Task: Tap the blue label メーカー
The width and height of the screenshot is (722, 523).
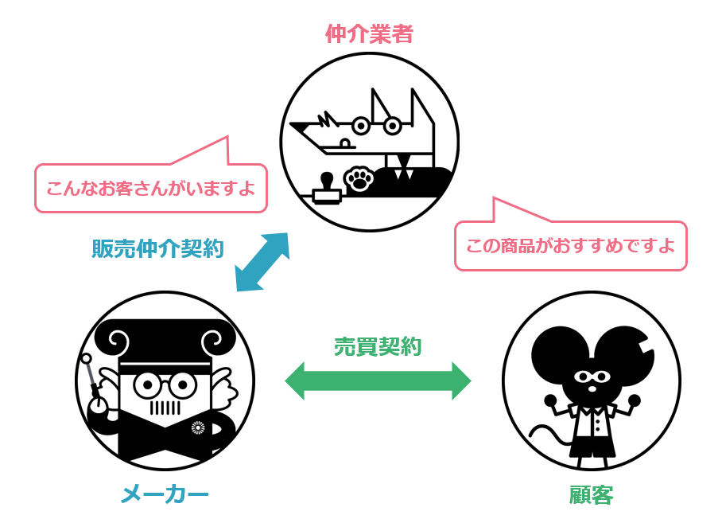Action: (165, 494)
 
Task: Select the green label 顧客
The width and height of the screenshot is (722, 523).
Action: (591, 495)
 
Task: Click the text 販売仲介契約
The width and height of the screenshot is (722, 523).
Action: (157, 248)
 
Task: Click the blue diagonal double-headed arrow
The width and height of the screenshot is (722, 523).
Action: (262, 262)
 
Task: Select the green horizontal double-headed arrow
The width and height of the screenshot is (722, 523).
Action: (378, 380)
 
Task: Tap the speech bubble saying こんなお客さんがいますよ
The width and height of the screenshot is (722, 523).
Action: (150, 189)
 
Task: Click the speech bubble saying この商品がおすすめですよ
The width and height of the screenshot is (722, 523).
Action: (570, 245)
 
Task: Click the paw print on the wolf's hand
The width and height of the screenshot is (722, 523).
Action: (359, 179)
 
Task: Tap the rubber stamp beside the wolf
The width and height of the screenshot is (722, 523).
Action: (326, 188)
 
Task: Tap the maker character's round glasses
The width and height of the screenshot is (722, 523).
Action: (164, 385)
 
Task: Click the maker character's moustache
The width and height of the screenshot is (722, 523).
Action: (165, 408)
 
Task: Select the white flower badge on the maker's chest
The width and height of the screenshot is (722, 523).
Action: (198, 427)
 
